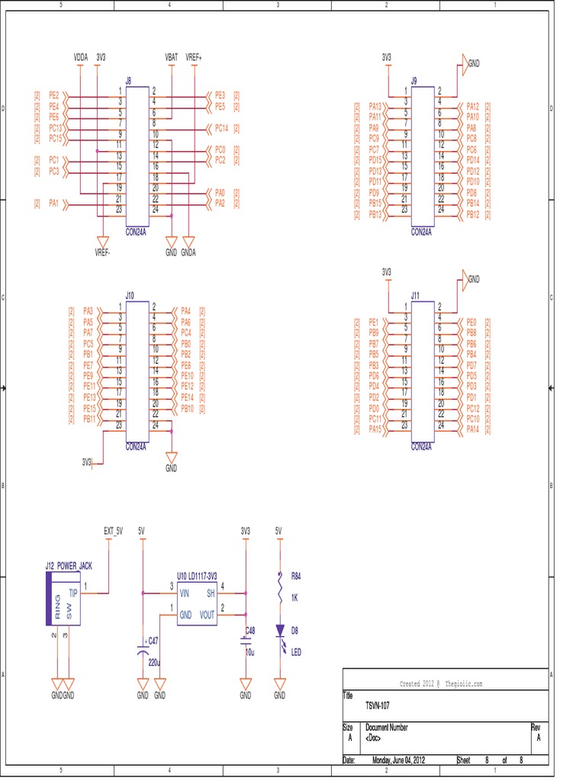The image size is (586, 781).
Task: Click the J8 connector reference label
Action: [x=128, y=79]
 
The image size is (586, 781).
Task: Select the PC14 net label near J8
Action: [x=221, y=128]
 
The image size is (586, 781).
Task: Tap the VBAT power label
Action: [x=171, y=57]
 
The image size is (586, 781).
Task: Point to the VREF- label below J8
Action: [x=102, y=252]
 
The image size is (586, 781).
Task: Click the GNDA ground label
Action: [x=188, y=252]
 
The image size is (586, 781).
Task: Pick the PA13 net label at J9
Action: [x=375, y=106]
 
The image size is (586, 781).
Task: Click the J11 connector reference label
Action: [x=415, y=295]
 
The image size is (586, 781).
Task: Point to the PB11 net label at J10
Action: [x=89, y=419]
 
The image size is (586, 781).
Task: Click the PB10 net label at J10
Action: [x=187, y=409]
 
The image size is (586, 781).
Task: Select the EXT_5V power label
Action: [x=113, y=530]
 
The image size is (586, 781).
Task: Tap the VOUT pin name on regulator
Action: [x=205, y=612]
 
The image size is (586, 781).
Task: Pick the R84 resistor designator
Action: [x=297, y=575]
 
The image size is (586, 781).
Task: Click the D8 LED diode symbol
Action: [x=280, y=630]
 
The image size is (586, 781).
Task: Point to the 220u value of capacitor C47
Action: [x=155, y=663]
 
